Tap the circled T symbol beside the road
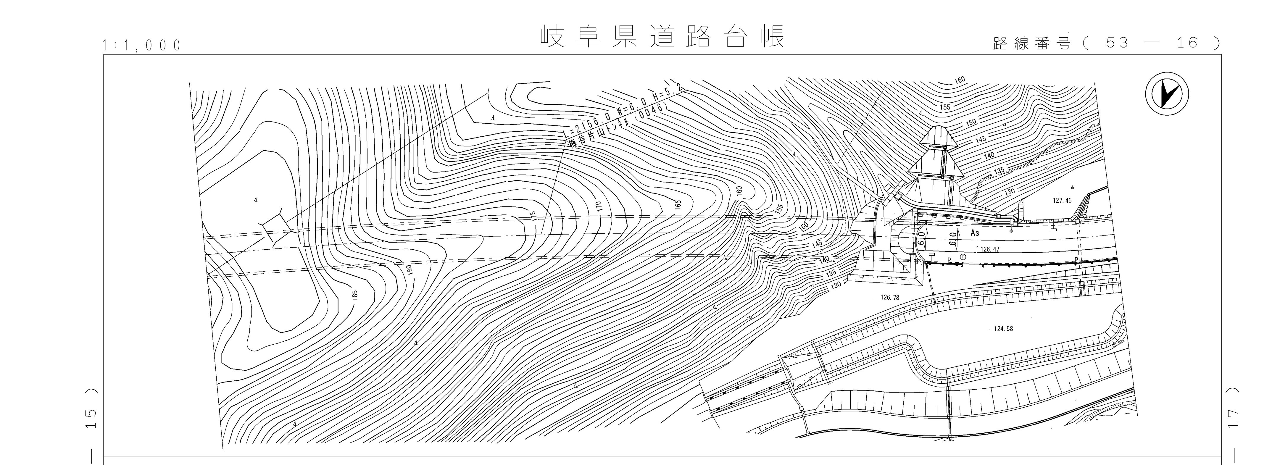pyautogui.click(x=963, y=257)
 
